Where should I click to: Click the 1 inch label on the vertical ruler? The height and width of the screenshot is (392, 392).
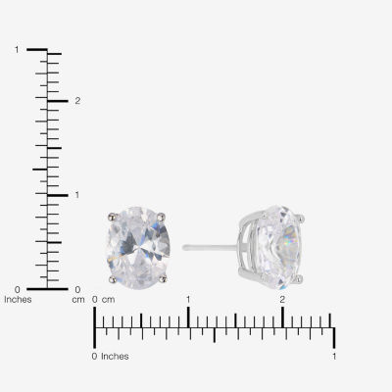(x=17, y=50)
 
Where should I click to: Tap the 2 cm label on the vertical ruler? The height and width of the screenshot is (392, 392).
(x=77, y=101)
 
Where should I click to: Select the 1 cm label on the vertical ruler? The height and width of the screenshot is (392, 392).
(x=77, y=195)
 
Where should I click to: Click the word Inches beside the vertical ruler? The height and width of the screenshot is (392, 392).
(x=18, y=300)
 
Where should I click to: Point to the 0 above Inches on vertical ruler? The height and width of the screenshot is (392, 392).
(x=18, y=289)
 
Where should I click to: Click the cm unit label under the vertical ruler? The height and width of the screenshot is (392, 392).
(x=78, y=300)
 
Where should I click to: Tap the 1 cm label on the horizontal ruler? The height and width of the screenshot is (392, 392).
(x=188, y=299)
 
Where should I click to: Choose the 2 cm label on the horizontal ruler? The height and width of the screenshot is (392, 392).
(x=282, y=299)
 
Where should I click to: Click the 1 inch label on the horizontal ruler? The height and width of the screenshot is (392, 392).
(x=334, y=356)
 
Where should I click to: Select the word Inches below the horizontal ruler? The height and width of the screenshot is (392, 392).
(x=115, y=357)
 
